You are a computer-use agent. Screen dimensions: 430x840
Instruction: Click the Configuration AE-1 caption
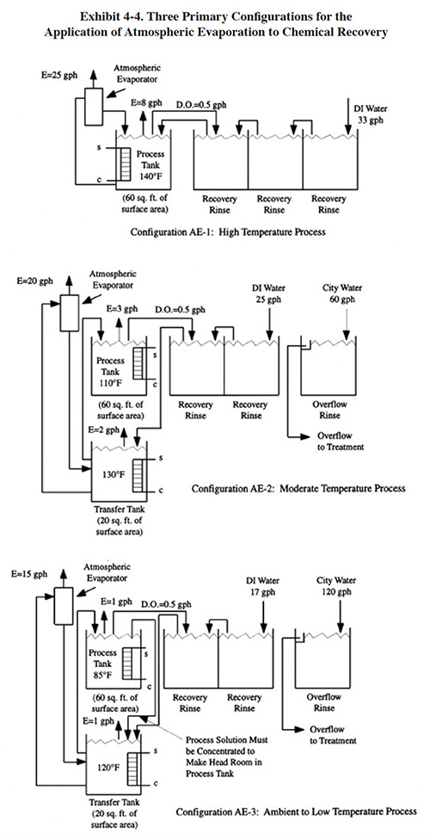(228, 233)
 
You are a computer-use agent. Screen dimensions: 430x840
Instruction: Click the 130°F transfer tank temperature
(113, 474)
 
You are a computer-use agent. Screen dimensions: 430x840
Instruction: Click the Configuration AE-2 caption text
(298, 489)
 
